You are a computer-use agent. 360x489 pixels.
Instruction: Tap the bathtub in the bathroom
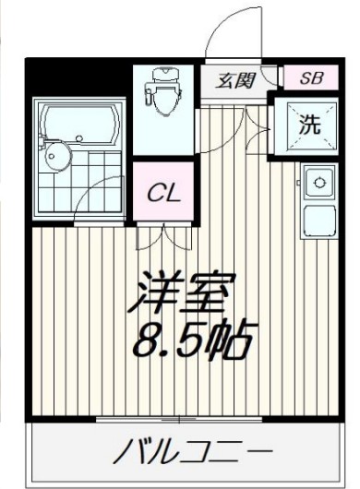coord(78,122)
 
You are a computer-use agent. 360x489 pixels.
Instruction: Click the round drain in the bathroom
coord(52,155)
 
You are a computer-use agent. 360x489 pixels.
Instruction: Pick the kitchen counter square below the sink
coord(319,222)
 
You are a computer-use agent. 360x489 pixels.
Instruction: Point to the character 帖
coord(233,341)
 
